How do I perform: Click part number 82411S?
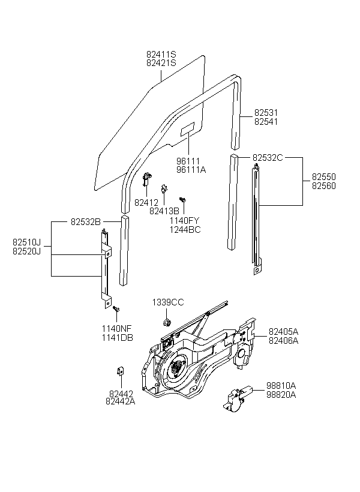tap(161, 54)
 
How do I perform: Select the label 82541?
tap(266, 121)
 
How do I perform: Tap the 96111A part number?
tap(191, 170)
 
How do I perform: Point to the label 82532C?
tap(268, 158)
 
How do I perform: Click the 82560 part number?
tap(323, 186)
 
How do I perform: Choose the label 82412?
tap(146, 203)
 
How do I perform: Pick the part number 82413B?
tap(164, 211)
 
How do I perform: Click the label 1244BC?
tap(185, 230)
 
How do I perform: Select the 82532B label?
tap(86, 222)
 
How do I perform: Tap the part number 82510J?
tap(26, 242)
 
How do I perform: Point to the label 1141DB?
tap(118, 338)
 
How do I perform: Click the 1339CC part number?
tap(168, 302)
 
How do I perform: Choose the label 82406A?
tap(283, 340)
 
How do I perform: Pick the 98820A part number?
tap(281, 394)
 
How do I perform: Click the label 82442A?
tap(121, 401)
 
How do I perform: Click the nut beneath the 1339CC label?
tap(166, 322)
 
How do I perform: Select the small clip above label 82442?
tap(120, 371)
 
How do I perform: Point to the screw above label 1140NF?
tap(116, 309)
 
